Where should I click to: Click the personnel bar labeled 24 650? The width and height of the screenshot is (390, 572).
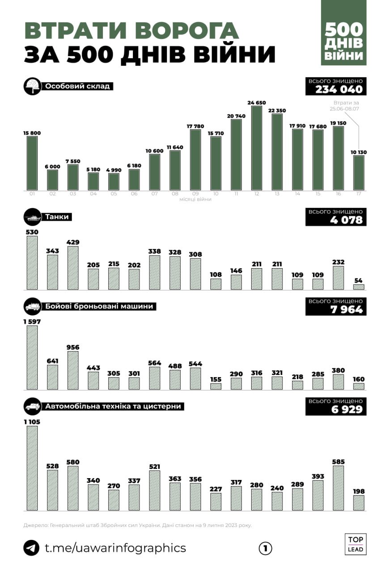click(257, 148)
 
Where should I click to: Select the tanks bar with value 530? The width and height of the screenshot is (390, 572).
click(32, 263)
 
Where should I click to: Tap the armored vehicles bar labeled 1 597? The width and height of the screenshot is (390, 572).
click(32, 357)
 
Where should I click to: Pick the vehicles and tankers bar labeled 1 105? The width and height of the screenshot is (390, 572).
click(32, 468)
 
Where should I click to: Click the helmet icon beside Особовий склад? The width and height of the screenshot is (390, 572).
click(31, 86)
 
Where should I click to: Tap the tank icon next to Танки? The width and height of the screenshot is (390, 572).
click(31, 218)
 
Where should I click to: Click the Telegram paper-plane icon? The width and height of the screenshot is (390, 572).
click(31, 548)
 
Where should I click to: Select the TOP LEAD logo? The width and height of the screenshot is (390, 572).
click(356, 544)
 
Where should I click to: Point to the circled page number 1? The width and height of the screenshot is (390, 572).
click(265, 548)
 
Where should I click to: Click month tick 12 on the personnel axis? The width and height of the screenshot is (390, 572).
click(257, 193)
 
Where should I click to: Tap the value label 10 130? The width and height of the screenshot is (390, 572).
click(359, 152)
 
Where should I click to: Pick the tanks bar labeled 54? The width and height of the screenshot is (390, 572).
click(359, 287)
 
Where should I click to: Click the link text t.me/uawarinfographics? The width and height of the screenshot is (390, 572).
click(115, 548)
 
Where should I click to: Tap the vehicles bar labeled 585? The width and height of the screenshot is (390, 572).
click(338, 488)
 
